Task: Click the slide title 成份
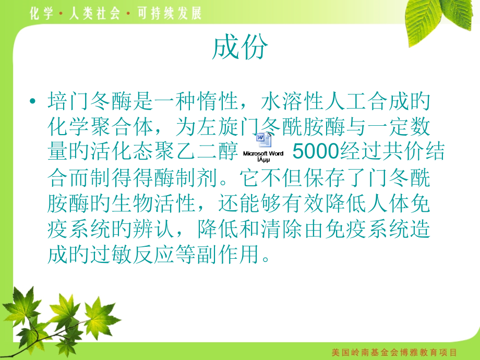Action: click(240, 49)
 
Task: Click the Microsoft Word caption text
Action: click(263, 154)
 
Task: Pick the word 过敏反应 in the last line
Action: click(141, 255)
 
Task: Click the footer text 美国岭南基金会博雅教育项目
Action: click(394, 352)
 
